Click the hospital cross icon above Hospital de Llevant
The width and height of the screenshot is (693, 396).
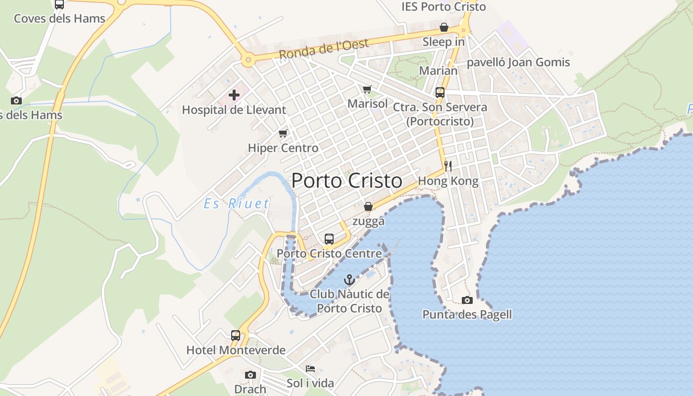[x=234, y=95]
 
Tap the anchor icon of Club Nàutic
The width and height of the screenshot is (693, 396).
[x=349, y=280]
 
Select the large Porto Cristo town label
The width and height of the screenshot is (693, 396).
[x=346, y=181]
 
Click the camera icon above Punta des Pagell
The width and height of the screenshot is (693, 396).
[x=467, y=300]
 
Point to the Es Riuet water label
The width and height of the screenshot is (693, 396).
[x=237, y=203]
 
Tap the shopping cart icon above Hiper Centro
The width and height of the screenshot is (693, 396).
[x=283, y=133]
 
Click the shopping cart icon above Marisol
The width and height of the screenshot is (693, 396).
[x=367, y=89]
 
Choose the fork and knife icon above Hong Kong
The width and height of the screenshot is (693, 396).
[x=448, y=166]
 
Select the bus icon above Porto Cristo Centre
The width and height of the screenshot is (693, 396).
[x=329, y=239]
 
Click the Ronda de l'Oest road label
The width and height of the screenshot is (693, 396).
[x=324, y=49]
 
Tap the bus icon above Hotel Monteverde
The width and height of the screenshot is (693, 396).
[x=236, y=336]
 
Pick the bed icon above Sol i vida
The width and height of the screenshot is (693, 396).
[x=310, y=369]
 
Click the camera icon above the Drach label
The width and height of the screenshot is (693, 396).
[x=250, y=375]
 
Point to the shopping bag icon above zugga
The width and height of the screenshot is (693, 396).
[x=368, y=206]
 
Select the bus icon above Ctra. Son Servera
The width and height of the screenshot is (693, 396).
[x=440, y=93]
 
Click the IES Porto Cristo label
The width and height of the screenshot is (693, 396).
[x=444, y=6]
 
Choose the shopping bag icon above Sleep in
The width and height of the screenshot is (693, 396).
[x=444, y=27]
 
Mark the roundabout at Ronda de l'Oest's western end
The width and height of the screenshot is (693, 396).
[x=248, y=61]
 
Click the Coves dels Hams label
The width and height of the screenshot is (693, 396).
[x=59, y=19]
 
